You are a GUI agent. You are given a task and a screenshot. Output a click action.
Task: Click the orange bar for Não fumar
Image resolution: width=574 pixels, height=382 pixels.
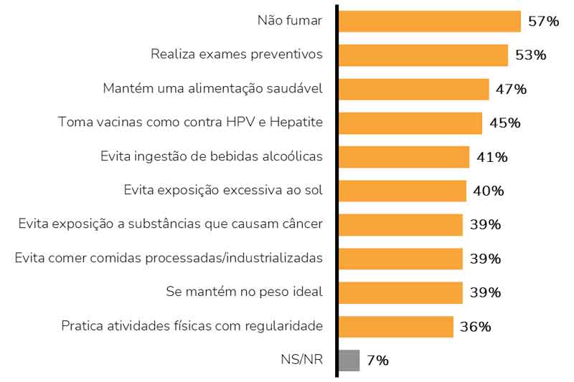click(x=429, y=21)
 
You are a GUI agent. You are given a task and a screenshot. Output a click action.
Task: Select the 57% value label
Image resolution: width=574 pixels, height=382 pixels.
click(x=543, y=21)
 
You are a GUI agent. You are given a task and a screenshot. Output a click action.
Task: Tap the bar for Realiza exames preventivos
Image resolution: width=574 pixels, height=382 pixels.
click(x=423, y=54)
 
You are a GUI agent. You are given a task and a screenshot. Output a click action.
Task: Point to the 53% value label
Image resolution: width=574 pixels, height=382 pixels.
click(x=530, y=54)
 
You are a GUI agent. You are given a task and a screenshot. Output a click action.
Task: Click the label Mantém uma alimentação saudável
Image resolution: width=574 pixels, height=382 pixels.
click(x=212, y=89)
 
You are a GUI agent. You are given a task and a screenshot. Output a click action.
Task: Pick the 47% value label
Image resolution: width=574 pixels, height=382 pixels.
click(x=511, y=89)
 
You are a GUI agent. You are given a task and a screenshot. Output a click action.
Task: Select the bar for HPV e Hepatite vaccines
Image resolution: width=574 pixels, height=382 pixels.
click(x=410, y=123)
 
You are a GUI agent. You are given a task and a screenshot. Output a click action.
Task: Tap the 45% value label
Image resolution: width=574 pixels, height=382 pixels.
click(x=504, y=123)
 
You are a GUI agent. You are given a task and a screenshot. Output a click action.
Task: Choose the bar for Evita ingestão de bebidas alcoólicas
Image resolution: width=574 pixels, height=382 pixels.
click(x=403, y=156)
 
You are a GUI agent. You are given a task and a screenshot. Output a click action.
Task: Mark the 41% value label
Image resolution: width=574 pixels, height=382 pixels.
click(x=491, y=156)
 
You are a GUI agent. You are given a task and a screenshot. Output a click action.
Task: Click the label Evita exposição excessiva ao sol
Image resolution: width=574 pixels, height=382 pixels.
click(x=223, y=191)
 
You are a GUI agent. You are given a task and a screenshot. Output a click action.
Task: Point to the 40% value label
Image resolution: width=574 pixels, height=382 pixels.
click(x=489, y=191)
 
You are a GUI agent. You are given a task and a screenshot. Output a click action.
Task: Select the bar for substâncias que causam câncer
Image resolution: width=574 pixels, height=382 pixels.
click(x=400, y=224)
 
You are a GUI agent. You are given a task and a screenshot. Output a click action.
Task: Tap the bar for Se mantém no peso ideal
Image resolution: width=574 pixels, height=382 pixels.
click(x=400, y=292)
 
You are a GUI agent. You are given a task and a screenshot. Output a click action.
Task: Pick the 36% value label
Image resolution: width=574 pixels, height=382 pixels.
click(x=476, y=327)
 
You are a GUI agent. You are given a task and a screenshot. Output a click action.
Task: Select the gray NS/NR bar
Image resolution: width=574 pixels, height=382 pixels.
click(x=349, y=360)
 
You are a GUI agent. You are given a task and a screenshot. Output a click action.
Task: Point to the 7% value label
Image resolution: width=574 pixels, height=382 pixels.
click(x=377, y=360)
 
